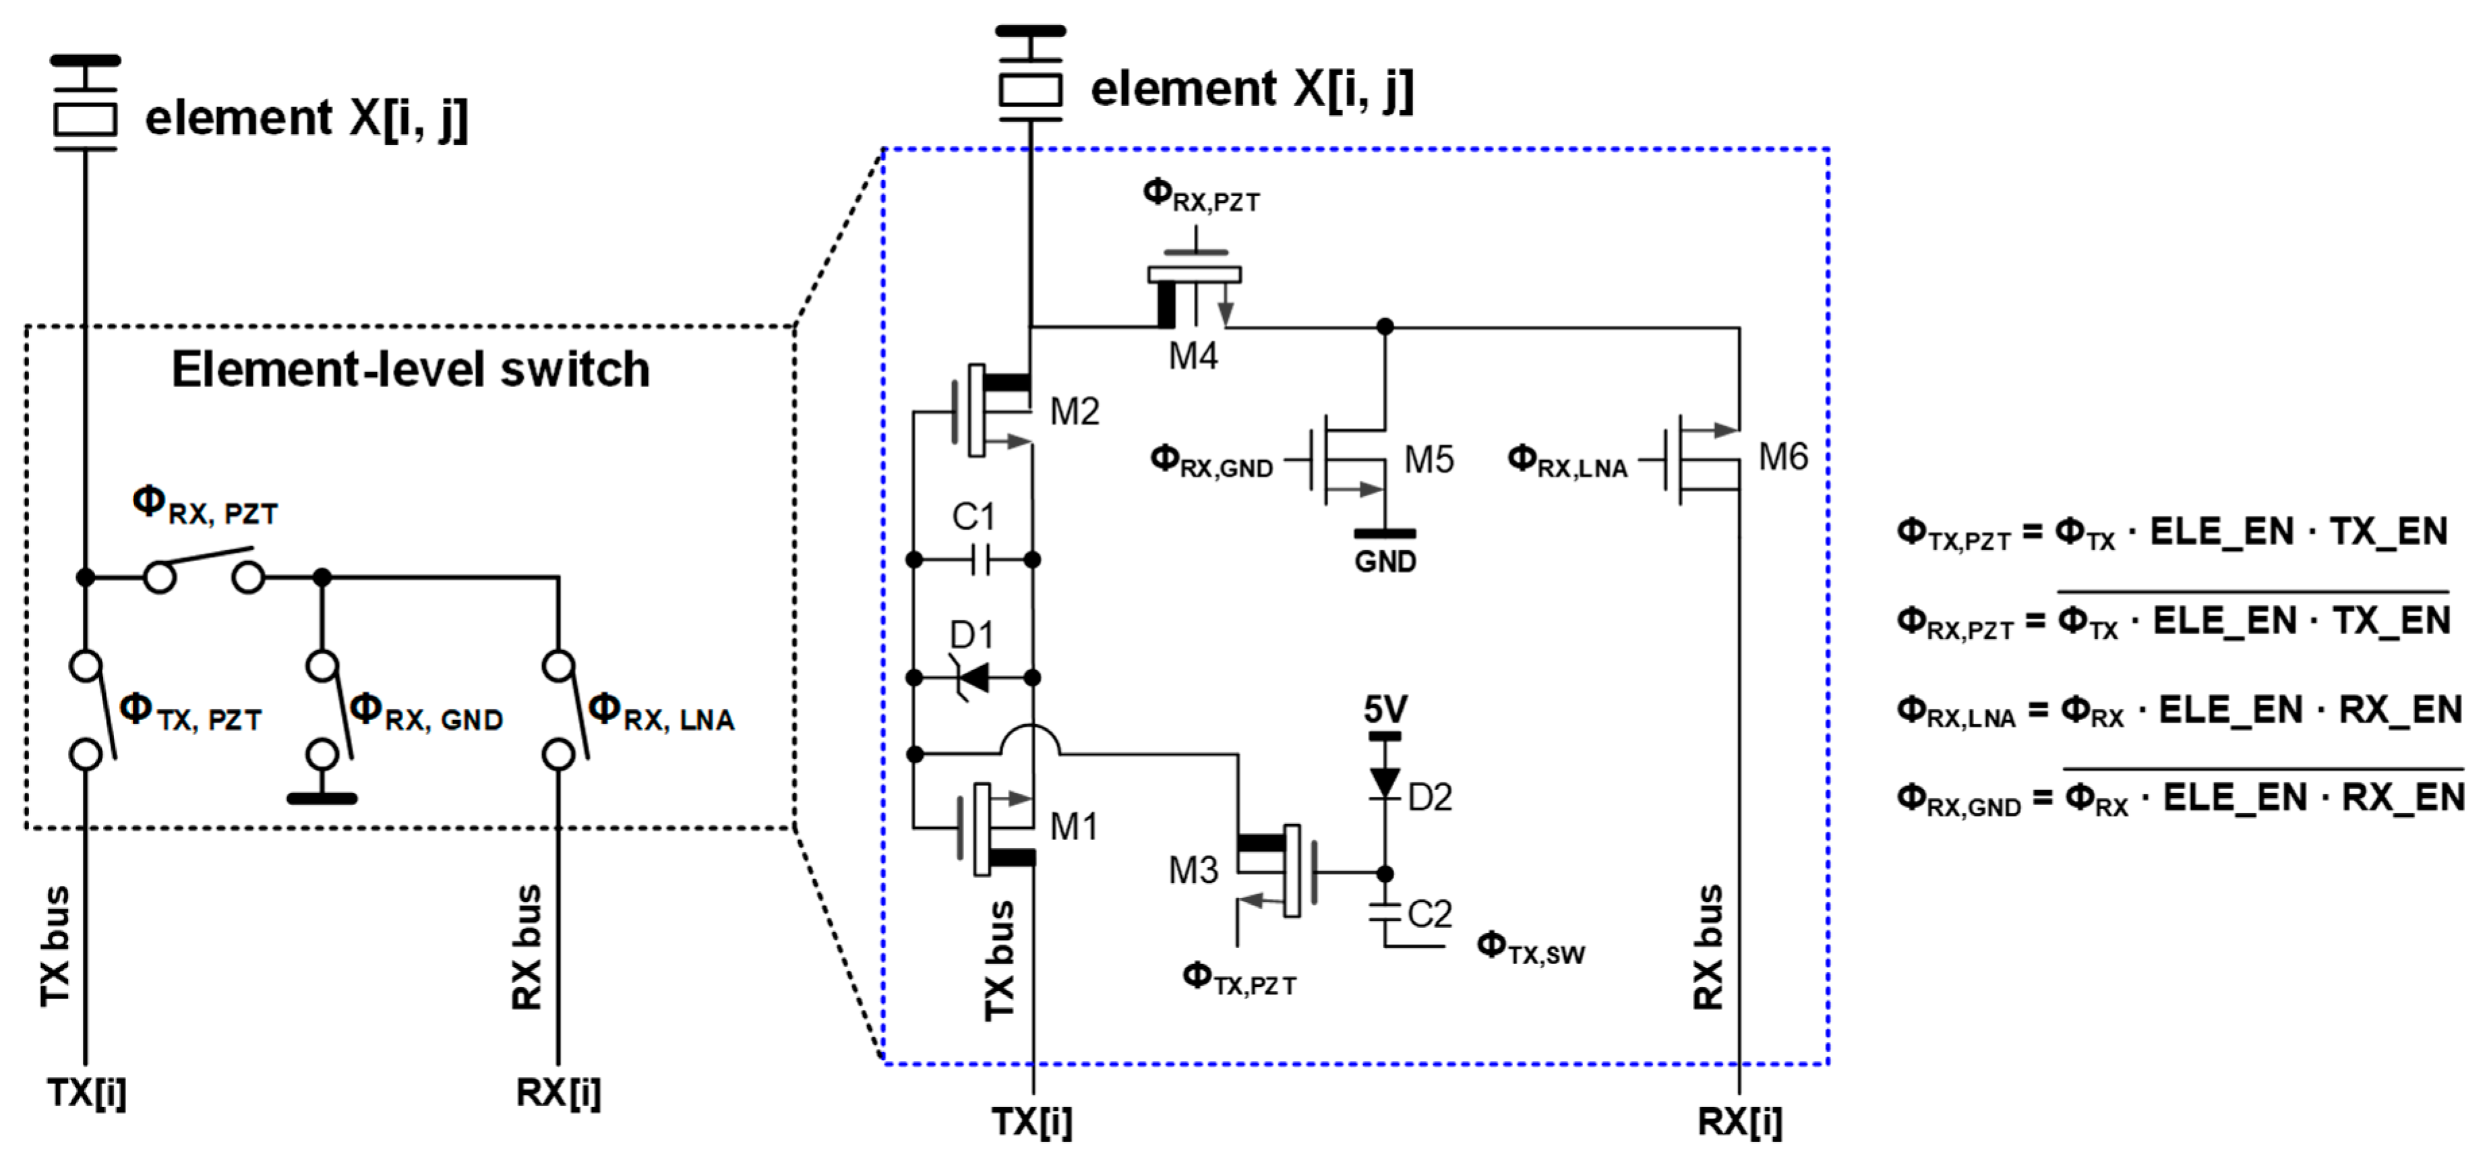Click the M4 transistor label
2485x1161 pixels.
pos(1193,356)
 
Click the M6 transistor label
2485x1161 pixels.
pos(1783,456)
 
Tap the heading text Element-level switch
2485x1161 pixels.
pos(410,369)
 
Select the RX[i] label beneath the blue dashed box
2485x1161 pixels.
pos(1739,1121)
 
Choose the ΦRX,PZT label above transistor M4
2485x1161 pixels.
pos(1200,196)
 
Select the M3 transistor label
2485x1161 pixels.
pos(1193,870)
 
